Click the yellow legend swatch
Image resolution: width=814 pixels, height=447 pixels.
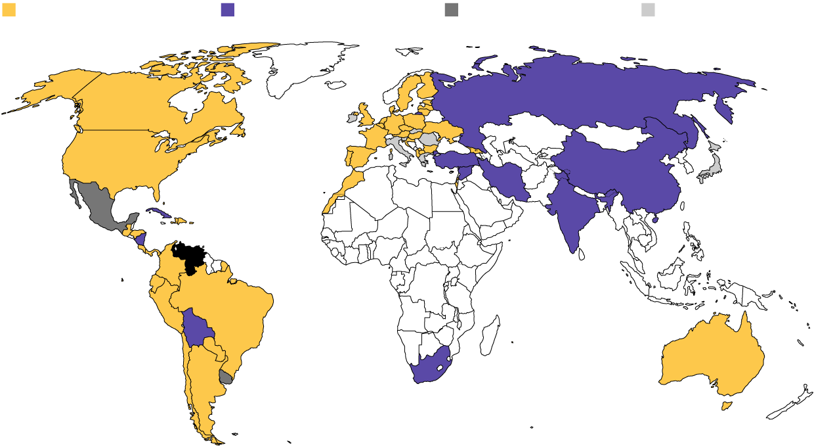9,9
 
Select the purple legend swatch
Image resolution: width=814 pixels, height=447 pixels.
228,9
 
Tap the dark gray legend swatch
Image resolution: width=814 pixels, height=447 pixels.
451,9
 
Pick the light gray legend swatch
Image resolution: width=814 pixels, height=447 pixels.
648,9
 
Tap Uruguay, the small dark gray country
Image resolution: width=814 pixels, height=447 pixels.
226,377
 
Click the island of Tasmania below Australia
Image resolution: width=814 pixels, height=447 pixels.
727,406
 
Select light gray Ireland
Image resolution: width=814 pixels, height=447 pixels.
352,120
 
